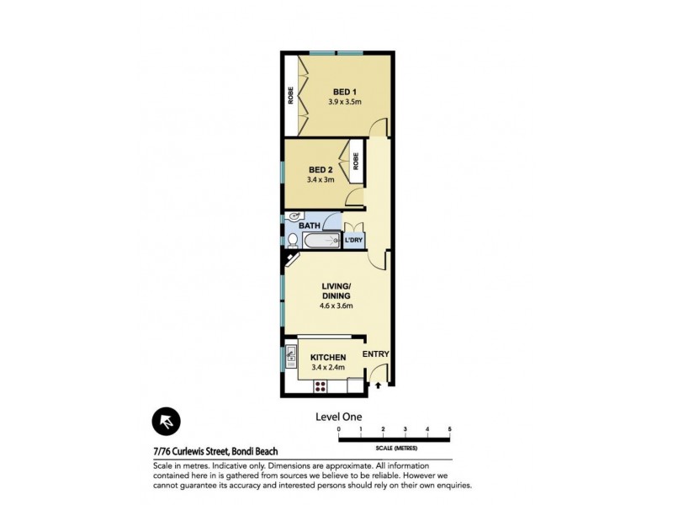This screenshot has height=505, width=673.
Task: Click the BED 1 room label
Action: click(345, 92)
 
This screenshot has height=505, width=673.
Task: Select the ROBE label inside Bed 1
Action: click(289, 95)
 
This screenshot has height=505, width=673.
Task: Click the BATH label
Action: click(310, 226)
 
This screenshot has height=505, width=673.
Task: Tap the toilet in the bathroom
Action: click(291, 241)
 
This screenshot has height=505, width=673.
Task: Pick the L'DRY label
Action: click(354, 242)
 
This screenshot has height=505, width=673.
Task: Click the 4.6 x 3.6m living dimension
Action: click(336, 306)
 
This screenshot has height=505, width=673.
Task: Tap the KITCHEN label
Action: click(328, 358)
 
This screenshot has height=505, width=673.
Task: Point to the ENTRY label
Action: click(376, 354)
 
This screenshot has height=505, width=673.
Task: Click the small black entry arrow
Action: click(378, 386)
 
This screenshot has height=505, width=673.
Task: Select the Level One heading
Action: click(339, 417)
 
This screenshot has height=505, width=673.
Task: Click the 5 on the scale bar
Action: click(450, 430)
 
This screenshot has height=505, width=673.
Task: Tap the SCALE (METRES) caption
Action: click(395, 447)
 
